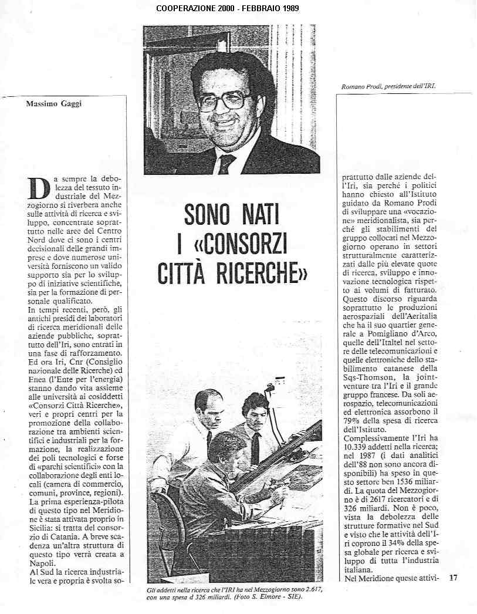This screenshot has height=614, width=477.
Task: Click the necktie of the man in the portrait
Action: coord(226,164)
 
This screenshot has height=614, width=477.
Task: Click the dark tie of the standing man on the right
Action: coord(255,448)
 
